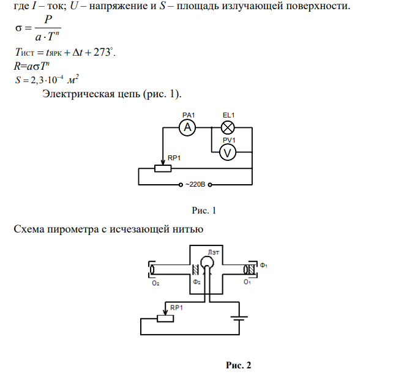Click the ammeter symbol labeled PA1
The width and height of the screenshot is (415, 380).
tap(187, 127)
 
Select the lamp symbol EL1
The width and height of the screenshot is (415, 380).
tap(228, 127)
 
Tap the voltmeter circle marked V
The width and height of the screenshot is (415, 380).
tap(228, 152)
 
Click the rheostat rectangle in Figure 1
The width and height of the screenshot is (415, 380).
tap(163, 168)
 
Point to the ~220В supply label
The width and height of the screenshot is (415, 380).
tap(195, 184)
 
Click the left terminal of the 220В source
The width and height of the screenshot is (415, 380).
tap(181, 185)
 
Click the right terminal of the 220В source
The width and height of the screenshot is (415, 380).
tap(210, 185)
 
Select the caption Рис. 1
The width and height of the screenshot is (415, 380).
tap(204, 210)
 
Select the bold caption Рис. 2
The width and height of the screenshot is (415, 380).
tap(238, 365)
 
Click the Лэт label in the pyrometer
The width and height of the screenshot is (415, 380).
tap(214, 253)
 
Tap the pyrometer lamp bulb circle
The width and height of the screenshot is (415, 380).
tap(207, 263)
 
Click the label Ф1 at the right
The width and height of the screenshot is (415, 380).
tap(263, 265)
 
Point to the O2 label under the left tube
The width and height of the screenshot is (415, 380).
tap(155, 283)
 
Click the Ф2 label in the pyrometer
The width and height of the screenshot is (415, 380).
tap(196, 282)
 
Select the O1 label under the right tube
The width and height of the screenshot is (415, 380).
tap(247, 282)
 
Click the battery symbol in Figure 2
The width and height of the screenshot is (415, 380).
tap(239, 318)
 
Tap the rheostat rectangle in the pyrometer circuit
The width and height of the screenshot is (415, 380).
tap(165, 319)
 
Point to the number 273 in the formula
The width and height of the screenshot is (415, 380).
tap(102, 52)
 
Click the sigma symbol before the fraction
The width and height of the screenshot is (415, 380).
tap(18, 28)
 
